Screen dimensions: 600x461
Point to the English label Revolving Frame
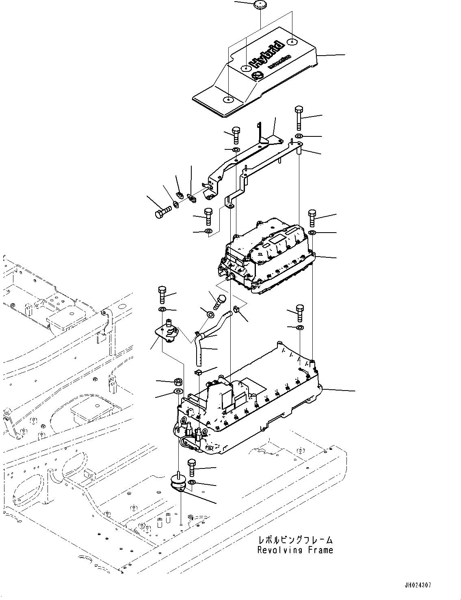(x=295, y=550)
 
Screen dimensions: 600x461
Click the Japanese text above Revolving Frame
(x=296, y=540)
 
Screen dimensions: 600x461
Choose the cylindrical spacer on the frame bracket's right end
(x=299, y=151)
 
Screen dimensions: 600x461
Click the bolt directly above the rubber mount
(x=191, y=467)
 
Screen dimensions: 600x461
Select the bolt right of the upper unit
(x=312, y=218)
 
